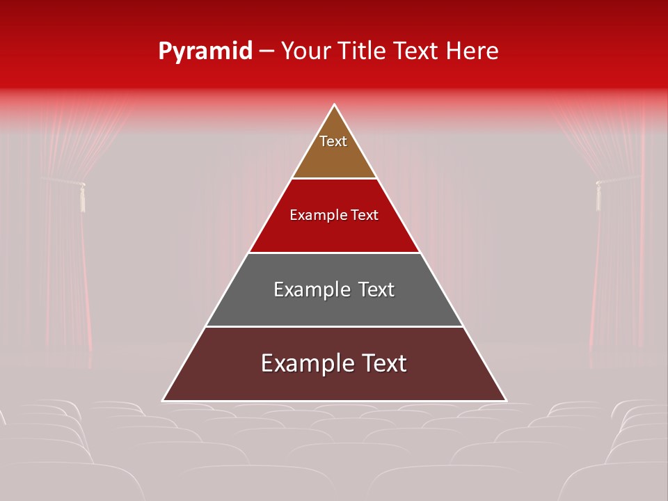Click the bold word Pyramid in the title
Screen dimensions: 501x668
(x=205, y=51)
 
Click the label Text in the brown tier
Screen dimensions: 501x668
(x=333, y=141)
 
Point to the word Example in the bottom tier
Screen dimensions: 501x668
(x=300, y=363)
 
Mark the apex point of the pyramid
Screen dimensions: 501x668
(x=335, y=104)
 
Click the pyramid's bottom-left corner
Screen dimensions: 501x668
(x=163, y=401)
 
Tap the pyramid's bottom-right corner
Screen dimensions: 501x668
(x=506, y=401)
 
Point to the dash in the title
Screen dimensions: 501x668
(x=267, y=51)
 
